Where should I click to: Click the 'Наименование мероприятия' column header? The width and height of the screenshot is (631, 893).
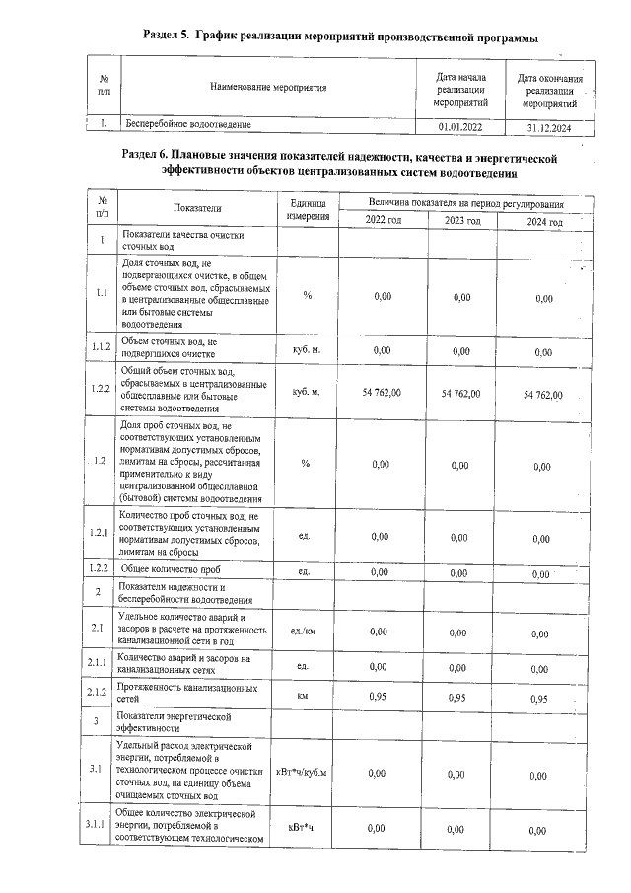267,89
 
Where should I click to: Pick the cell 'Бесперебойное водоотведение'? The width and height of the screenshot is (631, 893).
188,125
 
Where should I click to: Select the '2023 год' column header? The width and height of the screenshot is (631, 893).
461,221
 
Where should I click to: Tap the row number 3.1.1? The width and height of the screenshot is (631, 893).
99,825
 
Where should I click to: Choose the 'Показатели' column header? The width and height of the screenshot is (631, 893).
197,208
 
